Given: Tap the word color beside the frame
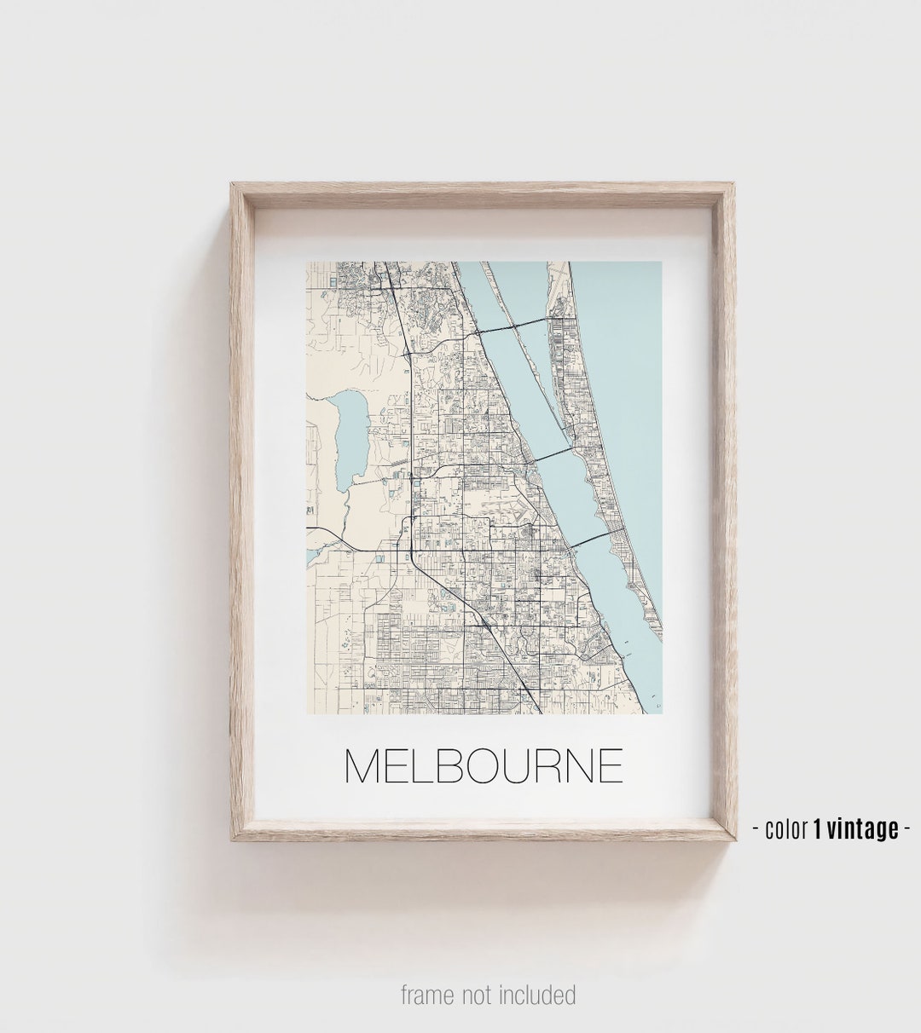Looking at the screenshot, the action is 785,828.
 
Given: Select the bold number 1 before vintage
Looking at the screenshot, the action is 818,828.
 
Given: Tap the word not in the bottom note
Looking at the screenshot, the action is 478,995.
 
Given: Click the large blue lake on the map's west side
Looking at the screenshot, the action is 350,435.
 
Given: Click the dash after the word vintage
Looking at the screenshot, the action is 907,828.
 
